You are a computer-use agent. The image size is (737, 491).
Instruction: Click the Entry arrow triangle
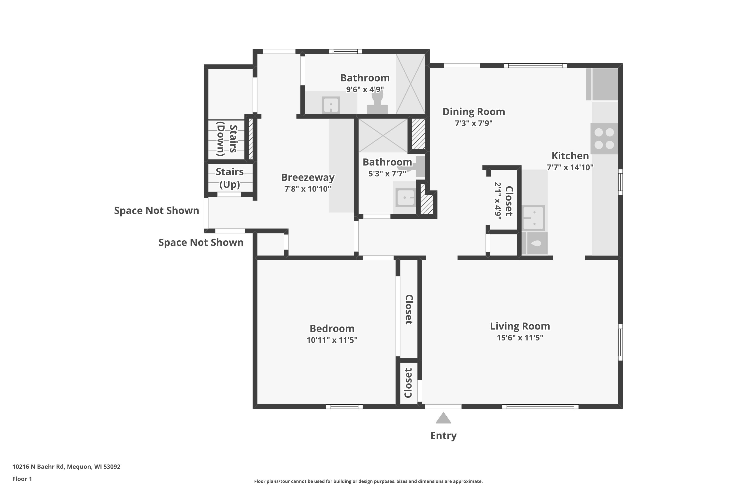click(443, 419)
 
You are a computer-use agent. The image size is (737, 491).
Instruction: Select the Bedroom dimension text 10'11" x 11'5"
click(332, 340)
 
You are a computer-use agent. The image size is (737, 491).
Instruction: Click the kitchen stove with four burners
click(604, 138)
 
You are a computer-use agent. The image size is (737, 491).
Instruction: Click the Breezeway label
click(308, 177)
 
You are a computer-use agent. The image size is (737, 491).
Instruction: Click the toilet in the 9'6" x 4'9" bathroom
click(377, 103)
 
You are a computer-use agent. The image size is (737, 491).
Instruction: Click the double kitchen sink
click(534, 218)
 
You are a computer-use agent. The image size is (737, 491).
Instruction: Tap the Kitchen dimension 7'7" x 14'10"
click(570, 167)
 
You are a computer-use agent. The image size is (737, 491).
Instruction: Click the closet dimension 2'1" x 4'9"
click(498, 201)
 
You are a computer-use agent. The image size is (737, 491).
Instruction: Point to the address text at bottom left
click(66, 467)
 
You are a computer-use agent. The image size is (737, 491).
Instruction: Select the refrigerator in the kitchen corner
click(602, 84)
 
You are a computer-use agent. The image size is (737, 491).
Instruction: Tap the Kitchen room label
click(570, 156)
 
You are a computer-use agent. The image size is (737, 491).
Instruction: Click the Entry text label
click(443, 436)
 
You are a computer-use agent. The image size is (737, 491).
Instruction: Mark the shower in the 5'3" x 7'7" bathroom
click(383, 136)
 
